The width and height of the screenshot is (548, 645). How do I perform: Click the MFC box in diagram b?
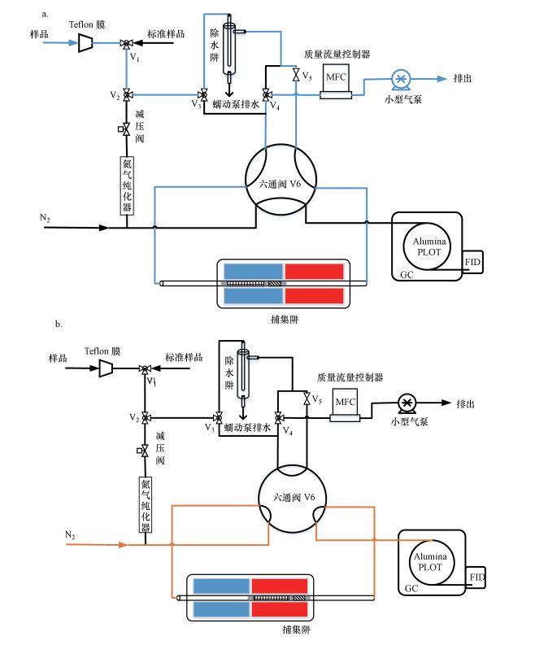pos(345,402)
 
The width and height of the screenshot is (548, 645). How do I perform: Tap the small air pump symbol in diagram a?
pos(400,79)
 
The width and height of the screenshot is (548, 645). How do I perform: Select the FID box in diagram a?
pos(472,261)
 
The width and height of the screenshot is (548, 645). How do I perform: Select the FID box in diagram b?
pos(477,577)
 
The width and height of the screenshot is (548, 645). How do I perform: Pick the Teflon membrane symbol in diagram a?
pos(84,42)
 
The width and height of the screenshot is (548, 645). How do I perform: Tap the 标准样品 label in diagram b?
pos(185,358)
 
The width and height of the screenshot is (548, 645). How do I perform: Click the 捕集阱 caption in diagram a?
pos(285,320)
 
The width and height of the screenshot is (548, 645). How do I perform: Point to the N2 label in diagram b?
pos(71,534)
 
